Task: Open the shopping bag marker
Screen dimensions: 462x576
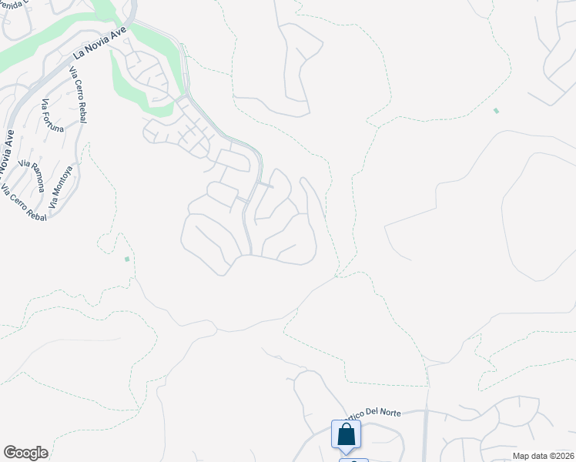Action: pos(346,434)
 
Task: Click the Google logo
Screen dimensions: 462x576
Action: pos(26,453)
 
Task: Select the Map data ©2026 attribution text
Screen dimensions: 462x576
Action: pos(543,456)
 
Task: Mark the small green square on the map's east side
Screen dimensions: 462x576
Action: pos(496,111)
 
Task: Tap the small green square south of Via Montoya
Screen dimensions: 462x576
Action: pos(126,259)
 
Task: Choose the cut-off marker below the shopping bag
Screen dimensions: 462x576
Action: pos(353,460)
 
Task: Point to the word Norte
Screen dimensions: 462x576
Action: pos(388,413)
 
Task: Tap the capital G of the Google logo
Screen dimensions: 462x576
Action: pos(10,453)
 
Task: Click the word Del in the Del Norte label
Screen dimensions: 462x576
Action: pos(366,413)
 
